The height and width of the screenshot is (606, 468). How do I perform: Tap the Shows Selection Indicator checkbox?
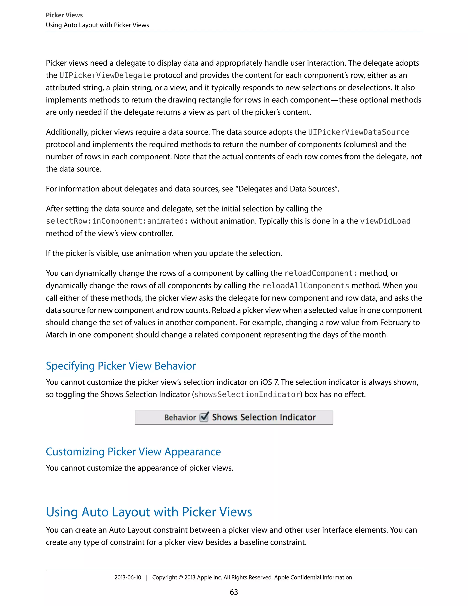204,417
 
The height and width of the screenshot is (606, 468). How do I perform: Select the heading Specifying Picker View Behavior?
121,366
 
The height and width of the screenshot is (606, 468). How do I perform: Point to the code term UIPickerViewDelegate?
105,75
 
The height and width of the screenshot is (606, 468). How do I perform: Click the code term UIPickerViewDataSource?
359,132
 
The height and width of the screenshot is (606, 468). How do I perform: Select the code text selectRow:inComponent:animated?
117,221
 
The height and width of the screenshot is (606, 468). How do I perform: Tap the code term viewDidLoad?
385,221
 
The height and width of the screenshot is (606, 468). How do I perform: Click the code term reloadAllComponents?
306,286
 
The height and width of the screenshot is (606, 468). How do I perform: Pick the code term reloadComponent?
321,273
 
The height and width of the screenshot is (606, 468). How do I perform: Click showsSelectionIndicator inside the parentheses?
247,394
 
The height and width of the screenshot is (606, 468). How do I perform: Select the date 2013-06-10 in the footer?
128,577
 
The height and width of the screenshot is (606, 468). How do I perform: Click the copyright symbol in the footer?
181,577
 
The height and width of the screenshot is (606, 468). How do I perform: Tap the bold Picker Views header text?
64,15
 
